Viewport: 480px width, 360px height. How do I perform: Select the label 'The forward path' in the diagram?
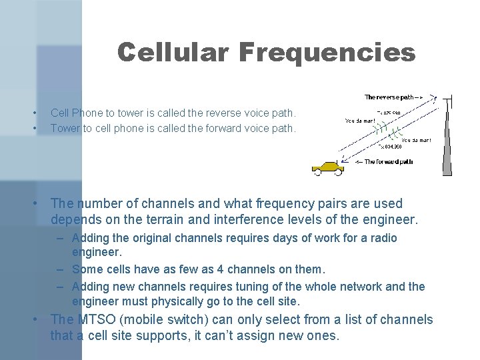tap(389, 161)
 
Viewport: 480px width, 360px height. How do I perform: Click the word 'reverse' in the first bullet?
tap(222, 113)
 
